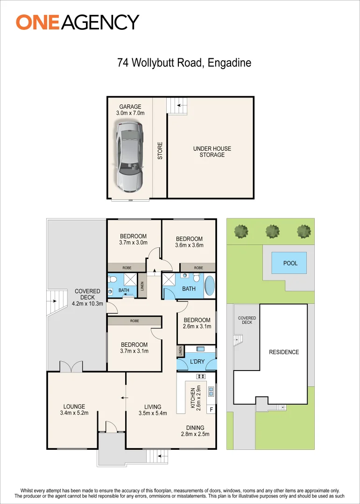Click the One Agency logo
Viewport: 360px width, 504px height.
click(x=78, y=22)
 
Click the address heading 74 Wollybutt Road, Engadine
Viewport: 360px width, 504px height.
click(x=184, y=63)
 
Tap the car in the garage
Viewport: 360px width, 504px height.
click(x=129, y=157)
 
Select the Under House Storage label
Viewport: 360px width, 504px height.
click(x=212, y=152)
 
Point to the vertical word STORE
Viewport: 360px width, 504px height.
click(x=160, y=151)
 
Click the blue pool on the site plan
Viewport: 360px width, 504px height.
click(x=289, y=263)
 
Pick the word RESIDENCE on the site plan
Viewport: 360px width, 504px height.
click(x=284, y=352)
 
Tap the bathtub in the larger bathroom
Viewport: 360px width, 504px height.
click(x=210, y=286)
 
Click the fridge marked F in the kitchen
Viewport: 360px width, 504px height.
click(x=211, y=410)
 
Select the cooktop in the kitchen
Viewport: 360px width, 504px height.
click(x=201, y=376)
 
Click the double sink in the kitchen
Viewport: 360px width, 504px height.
click(x=212, y=391)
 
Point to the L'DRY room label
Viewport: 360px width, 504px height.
click(x=197, y=361)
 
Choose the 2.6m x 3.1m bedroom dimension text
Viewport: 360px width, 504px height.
click(x=197, y=327)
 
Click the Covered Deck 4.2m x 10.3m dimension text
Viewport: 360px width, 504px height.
click(x=87, y=303)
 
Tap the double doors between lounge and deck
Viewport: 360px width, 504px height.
click(x=71, y=367)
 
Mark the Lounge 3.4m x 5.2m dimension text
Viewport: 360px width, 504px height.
click(x=74, y=413)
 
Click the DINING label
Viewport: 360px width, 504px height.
click(x=195, y=427)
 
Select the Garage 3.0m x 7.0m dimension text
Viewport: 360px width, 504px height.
click(x=130, y=113)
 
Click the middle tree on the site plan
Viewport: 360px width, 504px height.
click(x=273, y=231)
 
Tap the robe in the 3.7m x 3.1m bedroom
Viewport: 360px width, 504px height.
click(x=134, y=321)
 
